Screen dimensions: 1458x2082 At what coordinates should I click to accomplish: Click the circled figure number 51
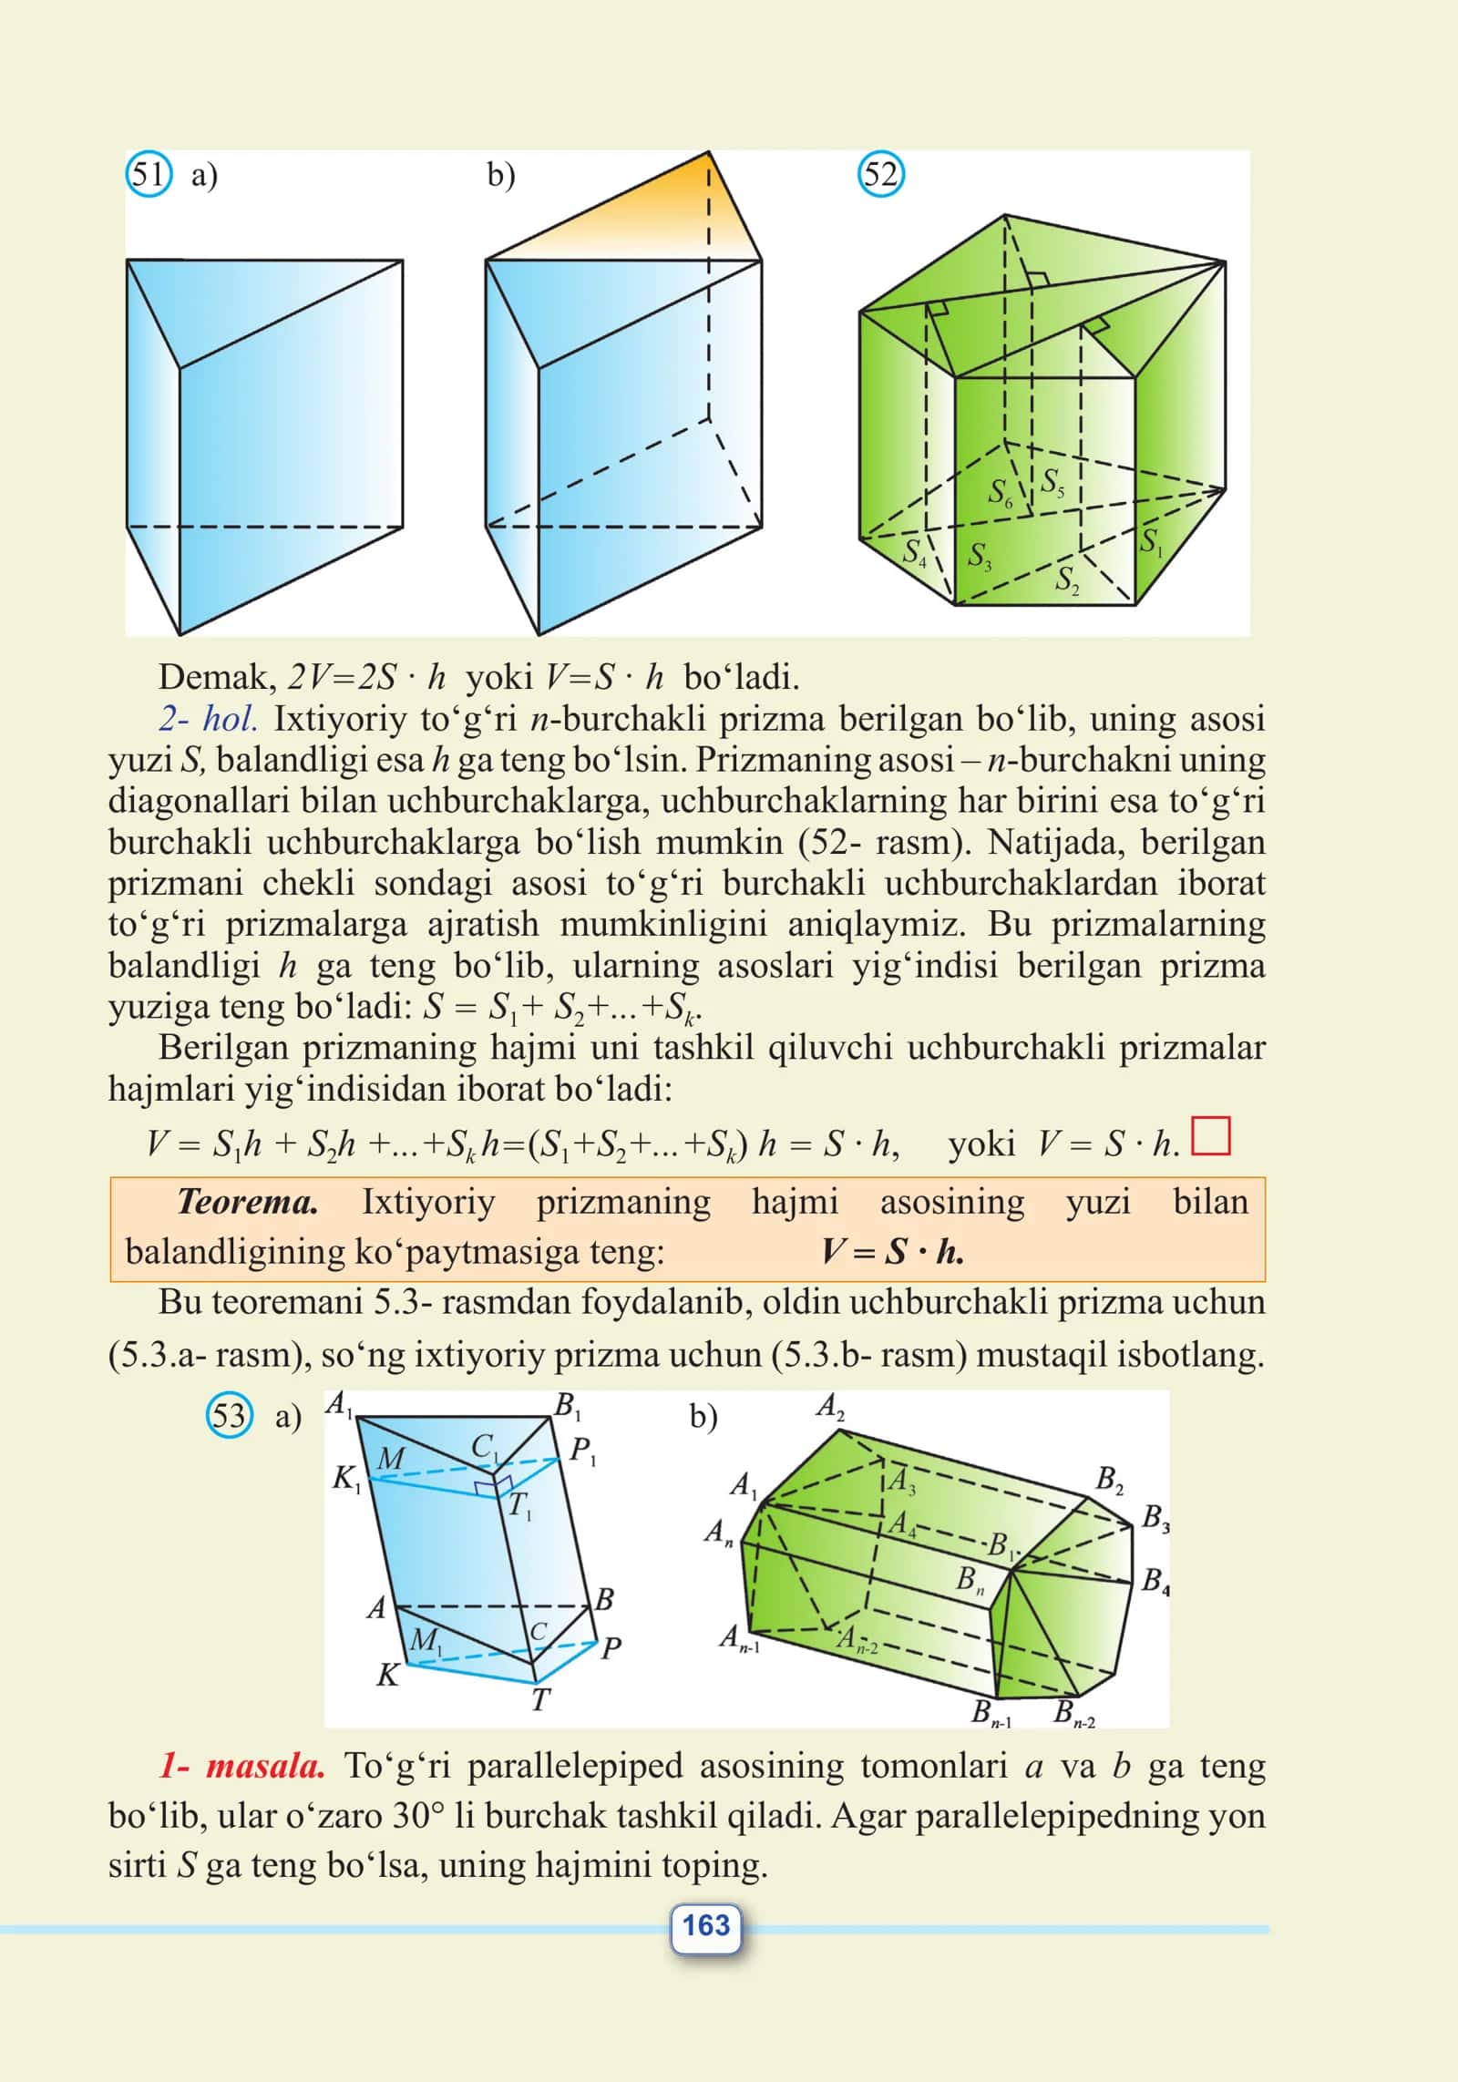tap(148, 175)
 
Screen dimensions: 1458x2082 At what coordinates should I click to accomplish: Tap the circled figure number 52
tap(880, 175)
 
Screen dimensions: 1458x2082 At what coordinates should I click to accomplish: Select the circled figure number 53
tap(229, 1417)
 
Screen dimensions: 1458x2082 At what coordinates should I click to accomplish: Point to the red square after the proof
tap(1212, 1136)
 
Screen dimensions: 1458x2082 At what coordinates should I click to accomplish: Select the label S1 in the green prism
tap(1152, 541)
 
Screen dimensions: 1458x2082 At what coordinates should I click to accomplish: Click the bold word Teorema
tap(247, 1202)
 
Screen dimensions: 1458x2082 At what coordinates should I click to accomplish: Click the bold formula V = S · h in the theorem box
tap(893, 1251)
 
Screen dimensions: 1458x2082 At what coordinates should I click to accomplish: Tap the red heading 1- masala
tap(242, 1766)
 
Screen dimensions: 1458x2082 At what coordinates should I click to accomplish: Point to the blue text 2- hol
tap(208, 719)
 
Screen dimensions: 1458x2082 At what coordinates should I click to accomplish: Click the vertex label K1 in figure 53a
tap(346, 1479)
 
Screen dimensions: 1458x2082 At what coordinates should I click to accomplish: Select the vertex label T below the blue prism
tap(540, 1699)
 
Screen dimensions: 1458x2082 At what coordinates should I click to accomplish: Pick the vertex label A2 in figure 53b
tap(830, 1407)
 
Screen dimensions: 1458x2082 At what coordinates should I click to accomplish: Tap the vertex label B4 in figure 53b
tap(1155, 1580)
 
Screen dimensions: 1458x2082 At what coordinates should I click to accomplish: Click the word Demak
tap(218, 677)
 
